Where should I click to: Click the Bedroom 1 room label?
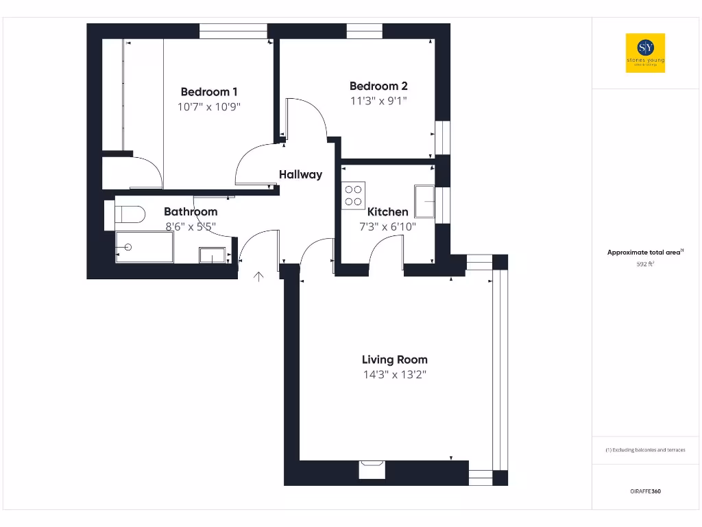(x=209, y=92)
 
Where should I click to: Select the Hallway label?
(x=300, y=174)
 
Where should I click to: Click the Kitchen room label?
(x=387, y=212)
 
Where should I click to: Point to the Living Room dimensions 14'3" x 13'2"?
(x=394, y=375)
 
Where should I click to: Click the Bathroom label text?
(x=191, y=212)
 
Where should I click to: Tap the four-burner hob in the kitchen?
(x=354, y=195)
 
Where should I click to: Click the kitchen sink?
(x=424, y=201)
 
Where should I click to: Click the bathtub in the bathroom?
(x=144, y=247)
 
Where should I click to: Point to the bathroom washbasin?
(x=214, y=255)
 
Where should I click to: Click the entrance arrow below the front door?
(x=258, y=277)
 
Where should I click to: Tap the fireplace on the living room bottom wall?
(x=372, y=469)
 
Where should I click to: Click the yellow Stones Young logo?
(x=645, y=53)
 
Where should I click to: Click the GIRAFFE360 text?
(x=645, y=491)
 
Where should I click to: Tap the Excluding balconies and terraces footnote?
(x=645, y=450)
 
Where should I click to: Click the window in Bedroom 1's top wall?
(x=232, y=31)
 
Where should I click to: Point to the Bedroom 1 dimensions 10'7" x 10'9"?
(x=209, y=107)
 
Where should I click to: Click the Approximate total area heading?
(x=645, y=253)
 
